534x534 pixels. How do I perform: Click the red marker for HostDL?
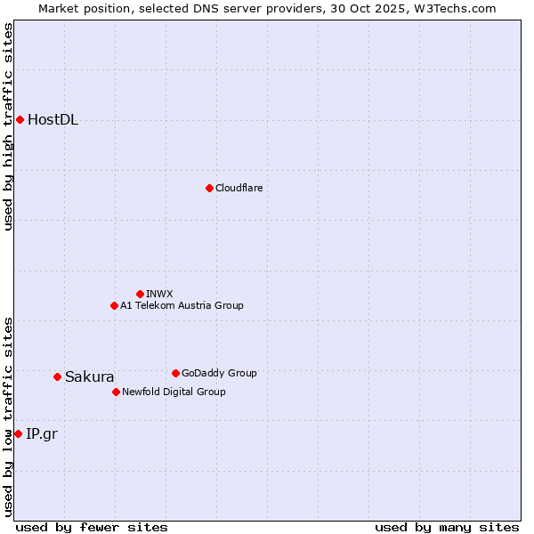click(x=20, y=119)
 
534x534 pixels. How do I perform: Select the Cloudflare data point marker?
click(x=209, y=188)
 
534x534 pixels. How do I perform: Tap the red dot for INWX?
click(x=140, y=294)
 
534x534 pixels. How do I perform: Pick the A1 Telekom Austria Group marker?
click(x=114, y=305)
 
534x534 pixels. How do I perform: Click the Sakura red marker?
click(x=57, y=376)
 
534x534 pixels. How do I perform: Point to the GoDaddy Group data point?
click(x=175, y=373)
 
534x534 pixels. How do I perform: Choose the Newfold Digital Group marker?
click(x=116, y=392)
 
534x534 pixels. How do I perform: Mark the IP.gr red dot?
click(x=18, y=433)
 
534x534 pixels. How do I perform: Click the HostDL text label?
click(x=53, y=120)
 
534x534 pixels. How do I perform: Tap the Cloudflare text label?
click(x=239, y=188)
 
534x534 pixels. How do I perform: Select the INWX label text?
click(x=159, y=294)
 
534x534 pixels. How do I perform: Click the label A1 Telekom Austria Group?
click(x=182, y=305)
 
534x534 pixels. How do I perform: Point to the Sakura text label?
click(x=89, y=377)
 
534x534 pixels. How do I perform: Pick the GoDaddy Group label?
click(x=219, y=373)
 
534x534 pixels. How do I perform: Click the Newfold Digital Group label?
click(x=174, y=392)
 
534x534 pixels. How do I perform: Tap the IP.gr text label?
click(x=41, y=434)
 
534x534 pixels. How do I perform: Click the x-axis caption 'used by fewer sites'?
click(x=92, y=527)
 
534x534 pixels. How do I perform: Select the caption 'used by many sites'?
click(x=447, y=527)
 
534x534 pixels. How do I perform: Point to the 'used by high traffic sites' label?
click(x=9, y=127)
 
